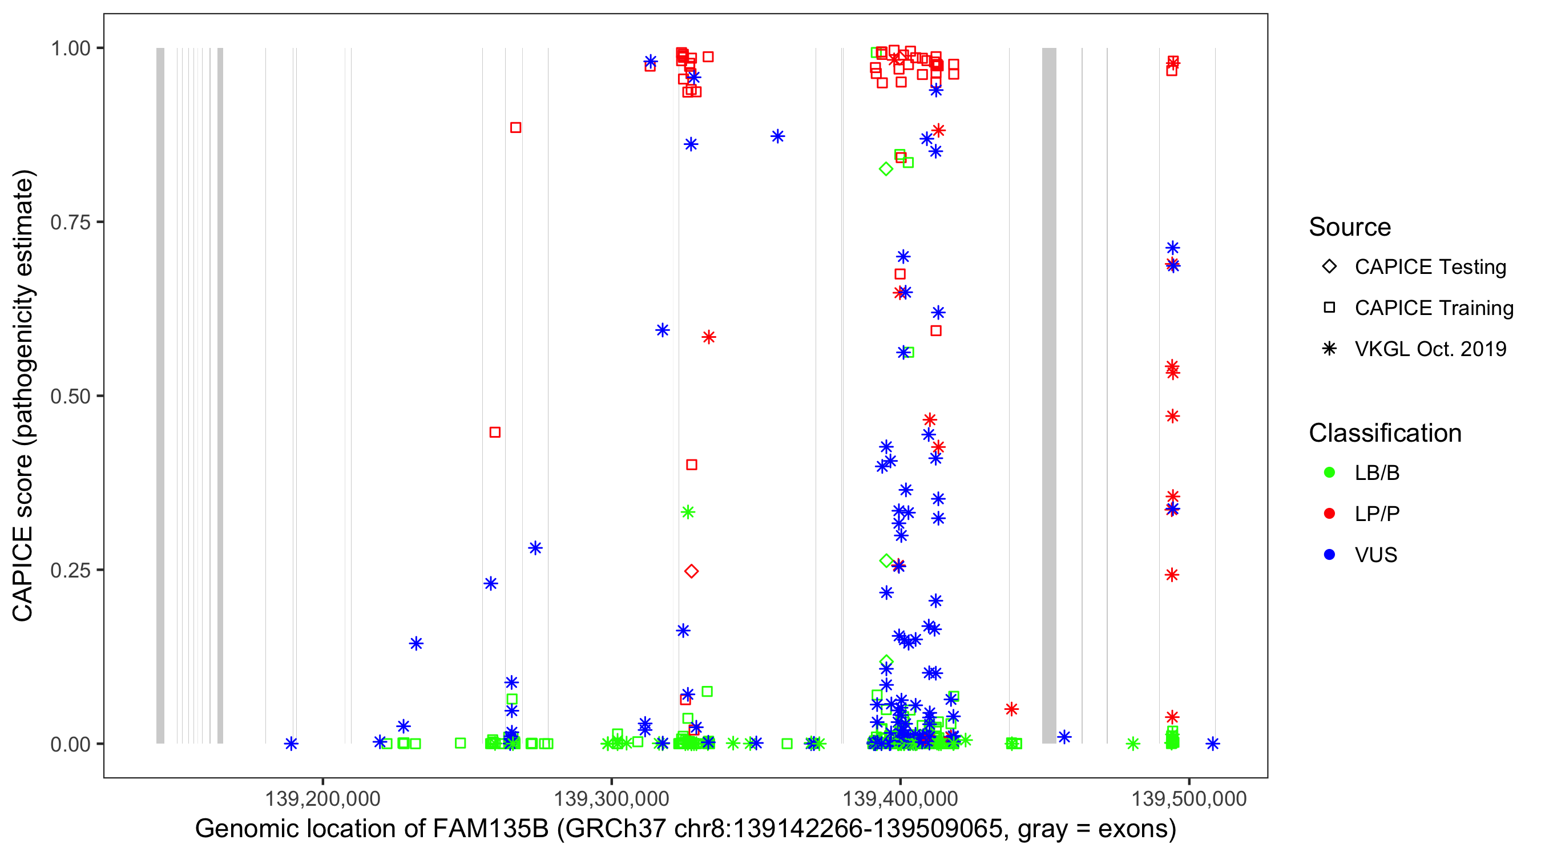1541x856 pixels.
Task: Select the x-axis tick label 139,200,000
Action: (322, 799)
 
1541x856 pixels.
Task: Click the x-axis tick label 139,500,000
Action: (1189, 799)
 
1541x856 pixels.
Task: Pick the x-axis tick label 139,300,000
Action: (611, 799)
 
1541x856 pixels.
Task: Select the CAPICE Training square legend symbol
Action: (1329, 308)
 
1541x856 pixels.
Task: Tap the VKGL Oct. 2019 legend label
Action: (1430, 349)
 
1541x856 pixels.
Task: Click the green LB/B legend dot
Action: (1329, 473)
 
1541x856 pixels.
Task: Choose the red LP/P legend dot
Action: (1329, 514)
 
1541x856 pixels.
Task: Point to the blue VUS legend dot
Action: (1329, 555)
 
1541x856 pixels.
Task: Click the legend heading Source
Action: (1350, 227)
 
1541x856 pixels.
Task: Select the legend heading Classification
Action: (1385, 433)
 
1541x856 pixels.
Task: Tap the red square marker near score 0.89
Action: (515, 128)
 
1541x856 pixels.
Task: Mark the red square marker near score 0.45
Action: (495, 433)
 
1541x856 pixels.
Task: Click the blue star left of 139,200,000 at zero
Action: (291, 744)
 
